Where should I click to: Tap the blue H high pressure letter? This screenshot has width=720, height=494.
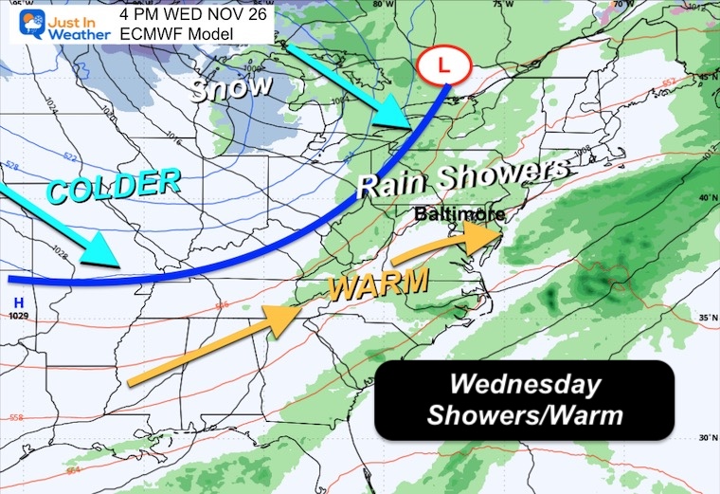pyautogui.click(x=18, y=302)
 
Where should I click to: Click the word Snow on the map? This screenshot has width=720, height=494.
pyautogui.click(x=231, y=89)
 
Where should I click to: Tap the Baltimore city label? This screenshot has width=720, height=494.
pyautogui.click(x=459, y=215)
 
